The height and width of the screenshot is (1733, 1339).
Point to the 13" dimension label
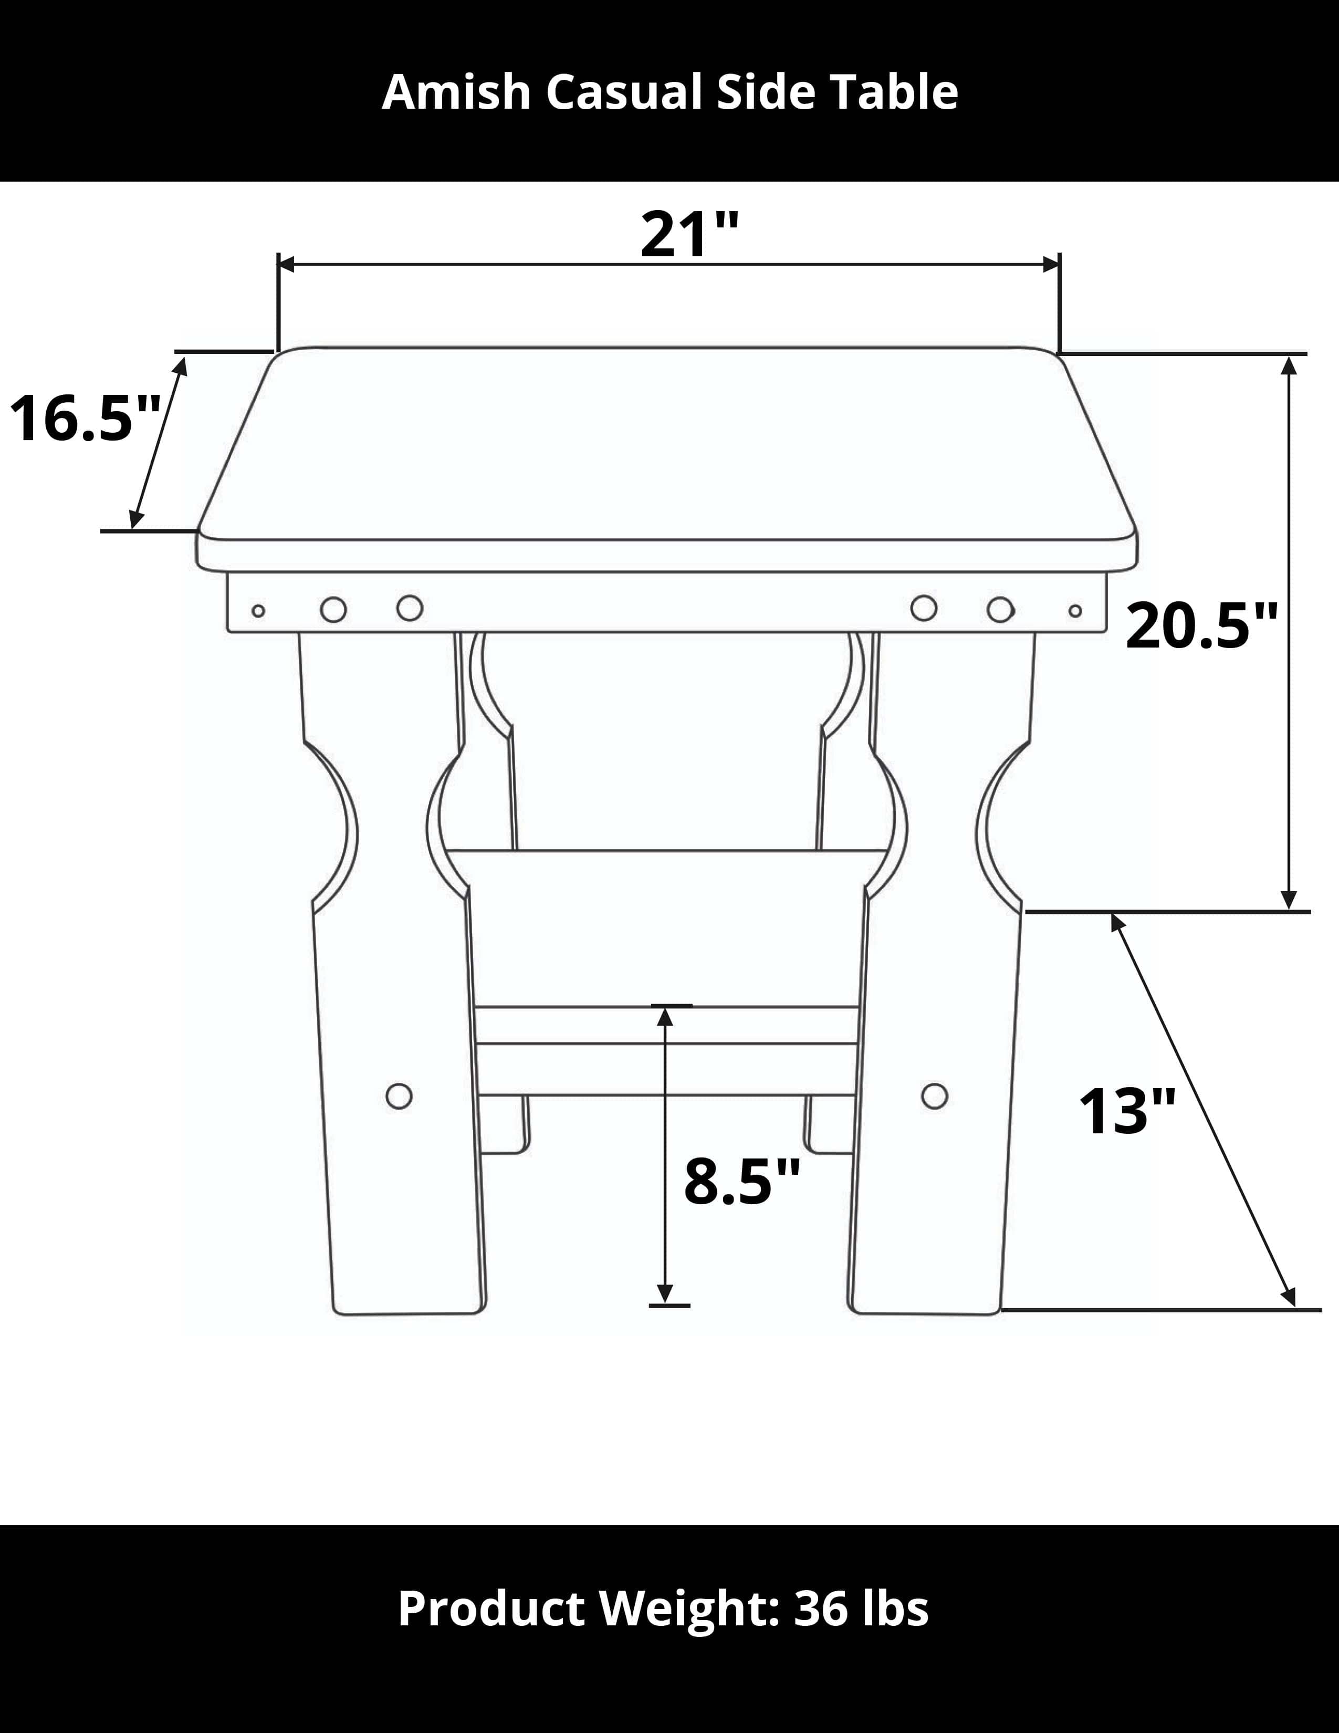point(1126,1112)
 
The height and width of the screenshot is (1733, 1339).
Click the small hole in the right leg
point(935,1096)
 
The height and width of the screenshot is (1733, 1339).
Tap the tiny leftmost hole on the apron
point(258,611)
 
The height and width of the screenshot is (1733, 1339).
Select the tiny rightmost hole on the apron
point(1075,611)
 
